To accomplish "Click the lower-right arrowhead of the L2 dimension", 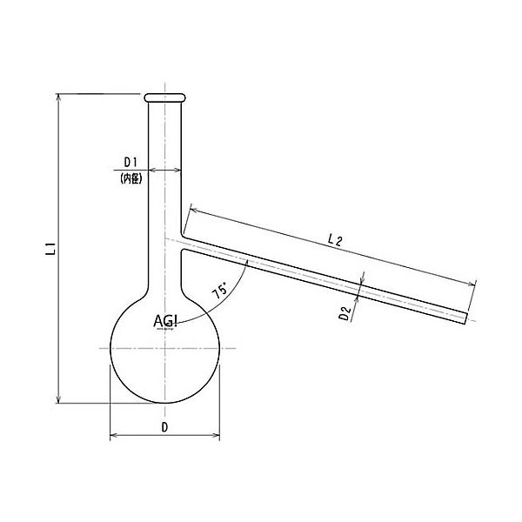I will coord(474,284).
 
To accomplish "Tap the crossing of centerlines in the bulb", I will coord(164,348).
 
